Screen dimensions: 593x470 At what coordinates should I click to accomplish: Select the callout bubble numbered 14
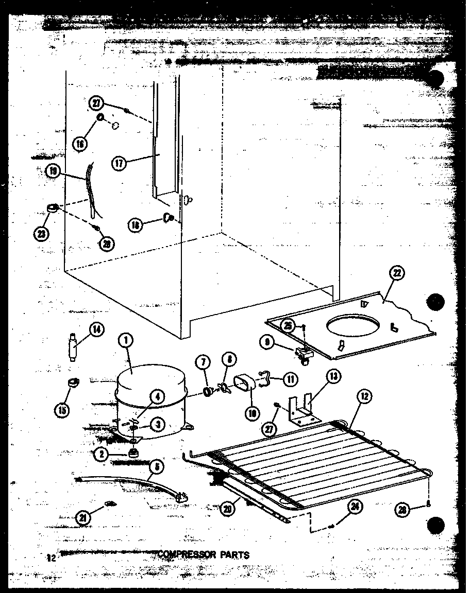pyautogui.click(x=96, y=329)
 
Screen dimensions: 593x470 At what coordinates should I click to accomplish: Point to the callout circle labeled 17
pyautogui.click(x=120, y=164)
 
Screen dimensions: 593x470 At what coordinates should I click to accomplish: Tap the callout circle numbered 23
pyautogui.click(x=41, y=233)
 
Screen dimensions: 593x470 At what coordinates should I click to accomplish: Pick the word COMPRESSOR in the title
pyautogui.click(x=181, y=555)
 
